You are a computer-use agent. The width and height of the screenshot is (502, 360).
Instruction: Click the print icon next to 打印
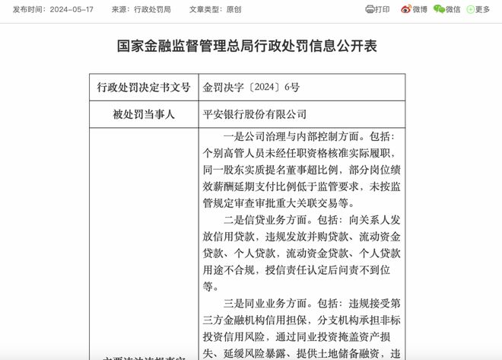tap(370, 10)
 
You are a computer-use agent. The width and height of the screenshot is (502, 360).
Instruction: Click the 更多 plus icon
tap(469, 10)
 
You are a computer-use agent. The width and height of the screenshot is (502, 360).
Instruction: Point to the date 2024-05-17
tap(68, 10)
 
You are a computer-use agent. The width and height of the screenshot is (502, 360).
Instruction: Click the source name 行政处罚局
tap(154, 10)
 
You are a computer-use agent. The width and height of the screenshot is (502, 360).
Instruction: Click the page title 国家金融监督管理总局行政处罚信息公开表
tap(250, 47)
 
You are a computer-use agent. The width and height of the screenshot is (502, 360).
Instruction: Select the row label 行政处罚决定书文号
tap(143, 88)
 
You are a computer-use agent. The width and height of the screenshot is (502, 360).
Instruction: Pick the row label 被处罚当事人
tap(143, 114)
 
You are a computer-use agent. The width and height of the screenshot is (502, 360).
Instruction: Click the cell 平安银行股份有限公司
tap(254, 114)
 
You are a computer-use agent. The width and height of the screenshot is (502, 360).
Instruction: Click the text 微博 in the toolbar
tap(419, 10)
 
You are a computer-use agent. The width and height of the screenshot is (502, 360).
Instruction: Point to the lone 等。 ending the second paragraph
tap(211, 286)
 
